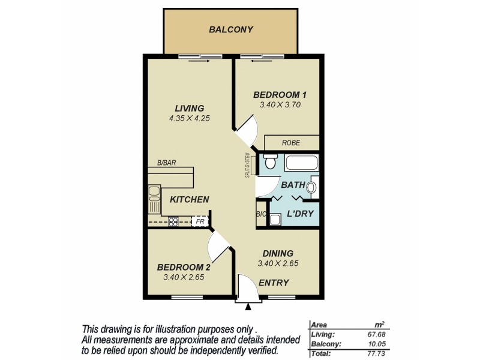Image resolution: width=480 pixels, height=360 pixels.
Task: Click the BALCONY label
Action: (x=231, y=29)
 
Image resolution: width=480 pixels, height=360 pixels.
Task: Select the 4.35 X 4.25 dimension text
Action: (x=189, y=118)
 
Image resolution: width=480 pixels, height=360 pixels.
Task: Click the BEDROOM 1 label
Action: (x=280, y=94)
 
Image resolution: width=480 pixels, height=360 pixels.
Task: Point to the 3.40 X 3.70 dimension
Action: (x=280, y=104)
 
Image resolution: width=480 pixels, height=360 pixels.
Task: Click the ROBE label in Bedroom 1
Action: (x=292, y=143)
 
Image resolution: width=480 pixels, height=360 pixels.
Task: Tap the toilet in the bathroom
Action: (x=269, y=162)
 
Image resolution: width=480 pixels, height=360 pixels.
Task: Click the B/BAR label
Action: (x=166, y=163)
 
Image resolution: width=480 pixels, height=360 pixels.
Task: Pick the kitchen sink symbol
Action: (x=154, y=193)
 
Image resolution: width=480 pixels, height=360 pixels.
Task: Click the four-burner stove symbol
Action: (x=173, y=221)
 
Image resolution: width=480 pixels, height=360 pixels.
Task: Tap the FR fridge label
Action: (x=200, y=221)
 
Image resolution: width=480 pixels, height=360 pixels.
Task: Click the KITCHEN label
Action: (x=189, y=200)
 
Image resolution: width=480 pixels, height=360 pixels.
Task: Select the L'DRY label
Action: (x=300, y=214)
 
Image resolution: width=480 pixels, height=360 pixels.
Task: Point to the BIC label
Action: (x=261, y=214)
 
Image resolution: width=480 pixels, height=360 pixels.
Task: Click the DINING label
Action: (x=278, y=253)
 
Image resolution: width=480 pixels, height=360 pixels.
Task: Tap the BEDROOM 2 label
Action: (x=184, y=267)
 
